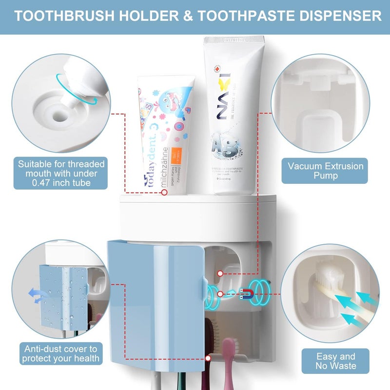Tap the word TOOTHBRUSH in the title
click(65, 17)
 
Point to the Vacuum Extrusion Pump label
click(326, 171)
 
